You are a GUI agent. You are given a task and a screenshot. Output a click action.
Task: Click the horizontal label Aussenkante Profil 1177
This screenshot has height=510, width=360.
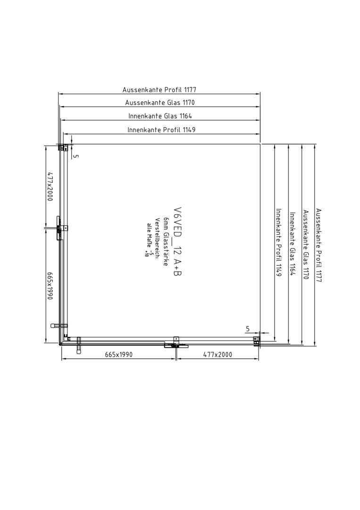tap(159, 89)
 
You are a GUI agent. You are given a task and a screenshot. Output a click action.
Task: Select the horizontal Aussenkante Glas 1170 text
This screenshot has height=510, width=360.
tap(160, 102)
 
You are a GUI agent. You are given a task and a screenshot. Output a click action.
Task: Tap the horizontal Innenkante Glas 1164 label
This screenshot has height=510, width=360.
tap(160, 116)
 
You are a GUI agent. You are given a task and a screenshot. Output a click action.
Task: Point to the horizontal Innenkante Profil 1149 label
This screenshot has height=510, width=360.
tap(161, 130)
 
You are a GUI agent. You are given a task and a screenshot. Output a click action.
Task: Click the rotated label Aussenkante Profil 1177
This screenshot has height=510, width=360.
tap(319, 245)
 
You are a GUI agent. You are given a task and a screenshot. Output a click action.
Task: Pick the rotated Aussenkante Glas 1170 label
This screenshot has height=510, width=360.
tap(305, 245)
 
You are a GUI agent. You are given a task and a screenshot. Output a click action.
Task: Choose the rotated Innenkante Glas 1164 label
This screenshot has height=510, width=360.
tap(292, 244)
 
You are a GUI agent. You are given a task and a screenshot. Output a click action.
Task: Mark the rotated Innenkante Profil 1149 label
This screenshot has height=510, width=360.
tap(278, 242)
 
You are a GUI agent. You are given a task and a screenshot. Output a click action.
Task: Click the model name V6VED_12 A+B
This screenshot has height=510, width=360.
tap(177, 241)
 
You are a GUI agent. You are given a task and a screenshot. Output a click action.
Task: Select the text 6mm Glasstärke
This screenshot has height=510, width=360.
tap(166, 241)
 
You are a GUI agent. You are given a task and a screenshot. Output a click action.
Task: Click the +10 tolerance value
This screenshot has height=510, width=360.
tap(146, 254)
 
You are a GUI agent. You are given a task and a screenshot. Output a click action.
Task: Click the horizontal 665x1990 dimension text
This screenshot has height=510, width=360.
tap(119, 354)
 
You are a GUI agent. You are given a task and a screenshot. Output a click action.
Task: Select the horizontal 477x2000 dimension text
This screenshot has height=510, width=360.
tap(218, 354)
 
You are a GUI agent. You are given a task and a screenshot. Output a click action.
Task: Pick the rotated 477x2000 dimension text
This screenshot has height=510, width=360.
tap(50, 187)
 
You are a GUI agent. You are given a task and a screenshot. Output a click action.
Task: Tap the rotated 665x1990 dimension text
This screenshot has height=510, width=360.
tap(50, 286)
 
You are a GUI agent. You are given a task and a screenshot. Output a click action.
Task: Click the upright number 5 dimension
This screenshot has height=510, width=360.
tap(248, 329)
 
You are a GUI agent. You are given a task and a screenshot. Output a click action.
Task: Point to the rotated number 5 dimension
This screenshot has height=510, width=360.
tap(75, 156)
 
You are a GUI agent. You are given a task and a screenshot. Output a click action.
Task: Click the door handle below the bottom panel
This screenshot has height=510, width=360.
tap(78, 345)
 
